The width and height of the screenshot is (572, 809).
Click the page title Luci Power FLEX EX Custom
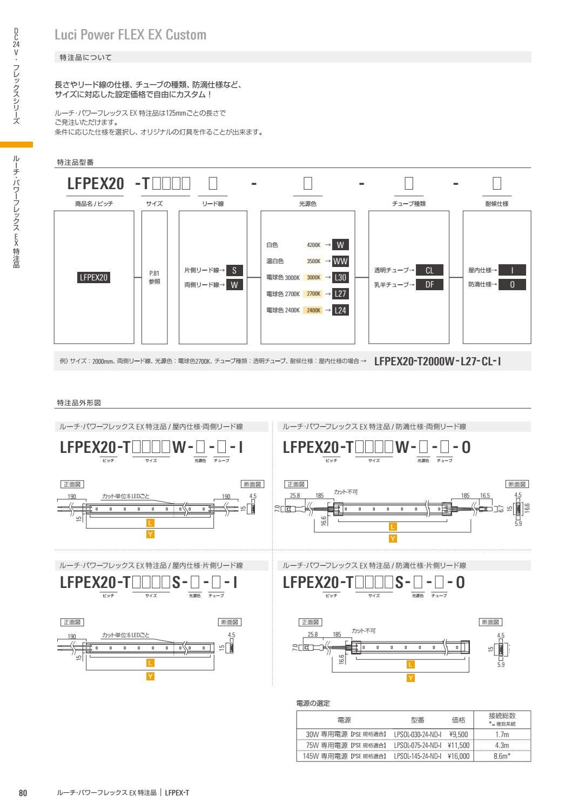click(131, 35)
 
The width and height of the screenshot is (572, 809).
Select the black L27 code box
click(340, 294)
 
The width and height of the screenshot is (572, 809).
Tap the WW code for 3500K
click(340, 262)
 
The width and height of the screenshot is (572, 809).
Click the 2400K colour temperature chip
click(313, 310)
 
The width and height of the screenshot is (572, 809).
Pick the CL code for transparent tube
click(429, 270)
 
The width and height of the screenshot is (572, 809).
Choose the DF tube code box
click(429, 285)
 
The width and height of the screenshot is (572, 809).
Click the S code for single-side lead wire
click(234, 270)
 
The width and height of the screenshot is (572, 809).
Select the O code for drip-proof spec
click(512, 285)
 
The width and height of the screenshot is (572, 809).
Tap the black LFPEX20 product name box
click(94, 278)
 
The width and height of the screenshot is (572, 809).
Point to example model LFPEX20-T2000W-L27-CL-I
click(438, 361)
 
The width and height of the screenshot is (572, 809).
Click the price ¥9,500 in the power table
click(458, 734)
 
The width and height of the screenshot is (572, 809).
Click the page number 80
click(23, 793)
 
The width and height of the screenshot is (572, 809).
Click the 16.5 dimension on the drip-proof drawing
click(485, 495)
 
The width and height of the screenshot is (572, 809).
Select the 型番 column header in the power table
click(418, 720)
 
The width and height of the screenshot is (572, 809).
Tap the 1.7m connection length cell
click(502, 734)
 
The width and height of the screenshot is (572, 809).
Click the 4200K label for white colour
click(313, 245)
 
